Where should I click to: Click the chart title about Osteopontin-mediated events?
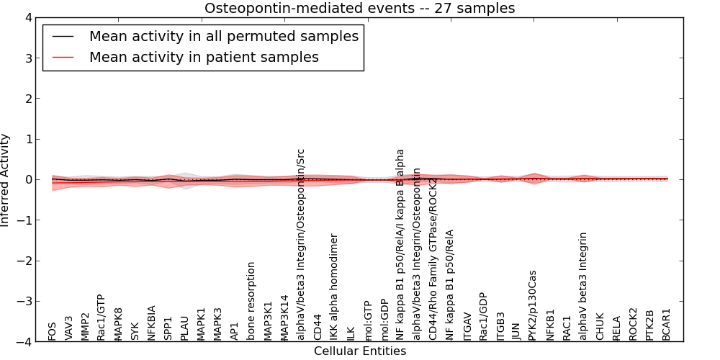click(359, 9)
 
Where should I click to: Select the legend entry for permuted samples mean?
click(223, 37)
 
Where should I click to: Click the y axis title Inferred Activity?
click(6, 180)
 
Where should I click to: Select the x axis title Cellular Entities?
click(359, 351)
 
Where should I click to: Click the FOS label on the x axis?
click(52, 331)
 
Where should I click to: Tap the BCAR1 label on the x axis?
click(667, 325)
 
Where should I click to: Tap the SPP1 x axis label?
click(168, 328)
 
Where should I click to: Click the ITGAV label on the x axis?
click(467, 326)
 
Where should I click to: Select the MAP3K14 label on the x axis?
click(284, 318)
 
